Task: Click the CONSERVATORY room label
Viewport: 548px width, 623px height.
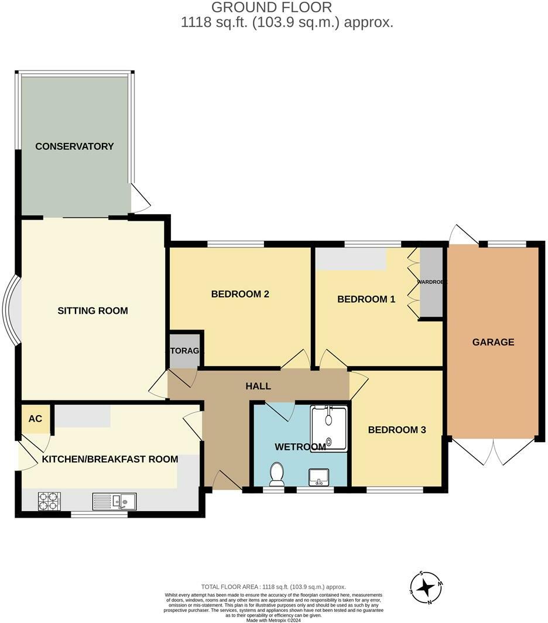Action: pos(74,146)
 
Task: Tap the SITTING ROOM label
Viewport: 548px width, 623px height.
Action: pos(93,310)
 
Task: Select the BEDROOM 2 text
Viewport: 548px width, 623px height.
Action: pos(240,294)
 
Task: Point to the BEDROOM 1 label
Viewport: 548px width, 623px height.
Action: pos(366,299)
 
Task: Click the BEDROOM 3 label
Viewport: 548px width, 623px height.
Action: pos(396,430)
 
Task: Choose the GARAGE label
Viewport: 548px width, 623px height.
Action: pos(493,342)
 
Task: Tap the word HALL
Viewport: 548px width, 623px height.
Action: pos(258,386)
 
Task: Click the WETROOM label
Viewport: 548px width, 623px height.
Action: pos(300,447)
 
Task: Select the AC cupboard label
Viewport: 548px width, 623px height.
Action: pos(35,419)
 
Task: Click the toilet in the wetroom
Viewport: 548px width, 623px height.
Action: pos(276,473)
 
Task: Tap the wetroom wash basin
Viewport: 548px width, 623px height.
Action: pos(318,477)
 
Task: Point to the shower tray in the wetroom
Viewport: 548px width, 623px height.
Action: pos(328,429)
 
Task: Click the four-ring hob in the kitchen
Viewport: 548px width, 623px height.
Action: pos(49,501)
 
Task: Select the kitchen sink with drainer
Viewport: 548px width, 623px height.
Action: pos(115,501)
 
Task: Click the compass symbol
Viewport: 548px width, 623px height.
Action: pos(426,588)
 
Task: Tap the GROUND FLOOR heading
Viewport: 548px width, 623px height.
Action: pos(272,8)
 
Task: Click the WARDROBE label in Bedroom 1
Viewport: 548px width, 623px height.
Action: pos(432,282)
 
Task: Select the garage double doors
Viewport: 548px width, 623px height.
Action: pos(494,451)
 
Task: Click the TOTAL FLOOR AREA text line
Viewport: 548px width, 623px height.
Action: pos(273,587)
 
